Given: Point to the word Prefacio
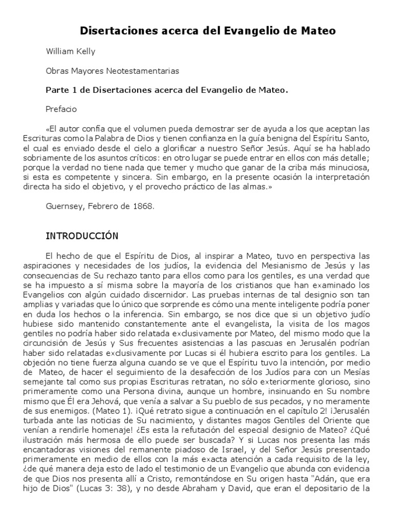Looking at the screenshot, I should coord(60,109).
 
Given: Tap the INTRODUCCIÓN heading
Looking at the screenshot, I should coord(82,236).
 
